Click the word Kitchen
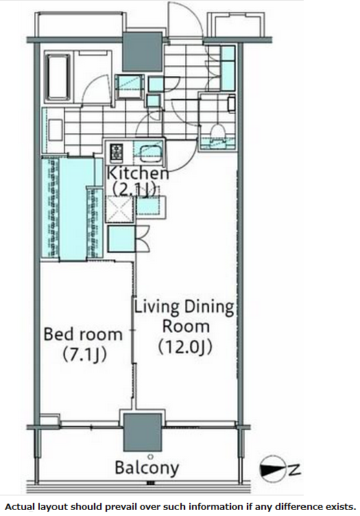point(136,174)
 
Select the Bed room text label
point(83,334)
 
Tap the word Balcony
point(147,469)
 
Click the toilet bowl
point(219,132)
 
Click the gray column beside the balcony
point(143,431)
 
